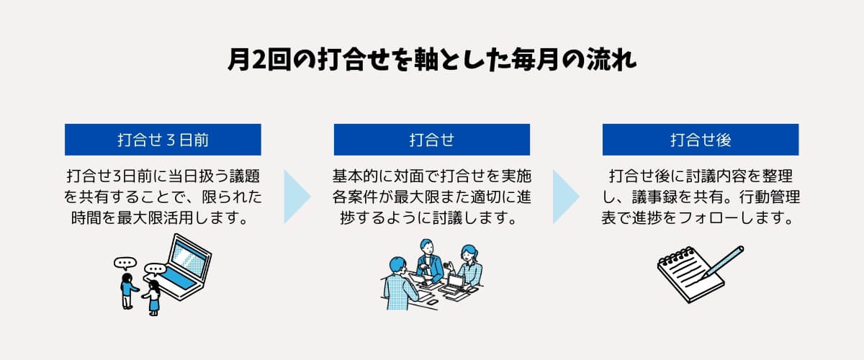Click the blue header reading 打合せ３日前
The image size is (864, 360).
(163, 140)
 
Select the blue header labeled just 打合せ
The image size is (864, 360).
(431, 140)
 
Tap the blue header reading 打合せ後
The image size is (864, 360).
(701, 140)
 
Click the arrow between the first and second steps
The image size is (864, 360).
(297, 197)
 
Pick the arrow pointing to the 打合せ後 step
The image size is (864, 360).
(566, 197)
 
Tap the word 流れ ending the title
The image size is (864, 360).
(611, 60)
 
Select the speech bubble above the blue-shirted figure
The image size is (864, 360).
(125, 264)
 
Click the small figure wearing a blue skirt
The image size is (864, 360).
(153, 298)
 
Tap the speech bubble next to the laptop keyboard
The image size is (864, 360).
(155, 270)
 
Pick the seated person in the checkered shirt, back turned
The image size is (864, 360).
(400, 284)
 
